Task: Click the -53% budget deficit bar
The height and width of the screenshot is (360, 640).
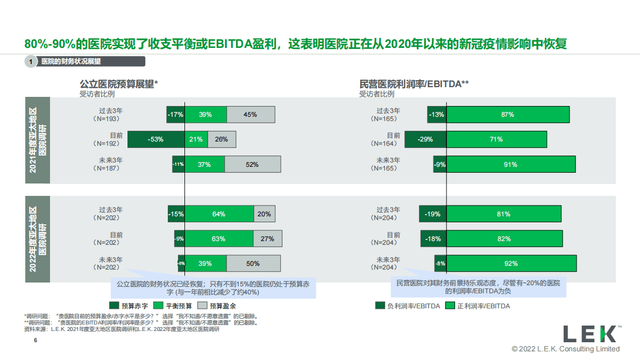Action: (156, 139)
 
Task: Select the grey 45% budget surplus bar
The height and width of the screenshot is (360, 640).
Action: (251, 115)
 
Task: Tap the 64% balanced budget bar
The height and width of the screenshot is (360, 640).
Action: (219, 214)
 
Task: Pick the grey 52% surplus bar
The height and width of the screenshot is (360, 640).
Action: (253, 165)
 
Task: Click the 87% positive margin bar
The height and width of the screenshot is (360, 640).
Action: (508, 115)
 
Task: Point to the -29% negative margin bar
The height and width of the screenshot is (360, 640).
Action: (425, 139)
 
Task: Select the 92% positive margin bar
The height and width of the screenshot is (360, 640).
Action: (511, 264)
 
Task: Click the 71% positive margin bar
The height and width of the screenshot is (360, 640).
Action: (496, 139)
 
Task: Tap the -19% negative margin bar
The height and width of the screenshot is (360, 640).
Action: (433, 214)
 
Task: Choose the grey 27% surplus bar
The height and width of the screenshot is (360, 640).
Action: (267, 239)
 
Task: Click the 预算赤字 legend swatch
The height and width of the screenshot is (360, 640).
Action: (113, 306)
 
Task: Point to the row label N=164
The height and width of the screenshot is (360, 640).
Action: (384, 143)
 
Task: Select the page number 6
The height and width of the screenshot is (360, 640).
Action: (35, 341)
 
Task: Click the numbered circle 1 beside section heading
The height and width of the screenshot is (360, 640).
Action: (31, 62)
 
